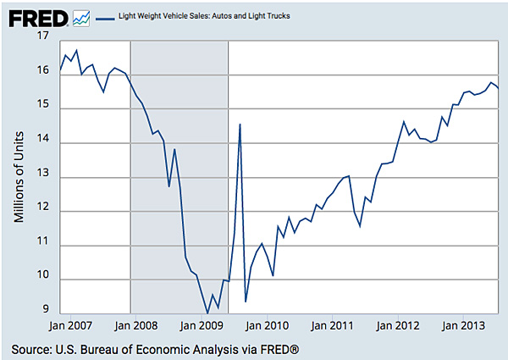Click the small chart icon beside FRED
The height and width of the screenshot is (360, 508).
(x=82, y=16)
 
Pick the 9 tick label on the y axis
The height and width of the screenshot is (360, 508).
(x=47, y=313)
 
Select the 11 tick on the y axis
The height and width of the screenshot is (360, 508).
(x=43, y=245)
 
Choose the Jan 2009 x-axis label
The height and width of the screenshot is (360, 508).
(x=201, y=324)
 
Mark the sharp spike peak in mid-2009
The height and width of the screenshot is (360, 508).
(x=240, y=125)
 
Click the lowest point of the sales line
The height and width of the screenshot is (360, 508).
(x=207, y=313)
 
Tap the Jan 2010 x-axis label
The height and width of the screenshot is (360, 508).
(x=268, y=324)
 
